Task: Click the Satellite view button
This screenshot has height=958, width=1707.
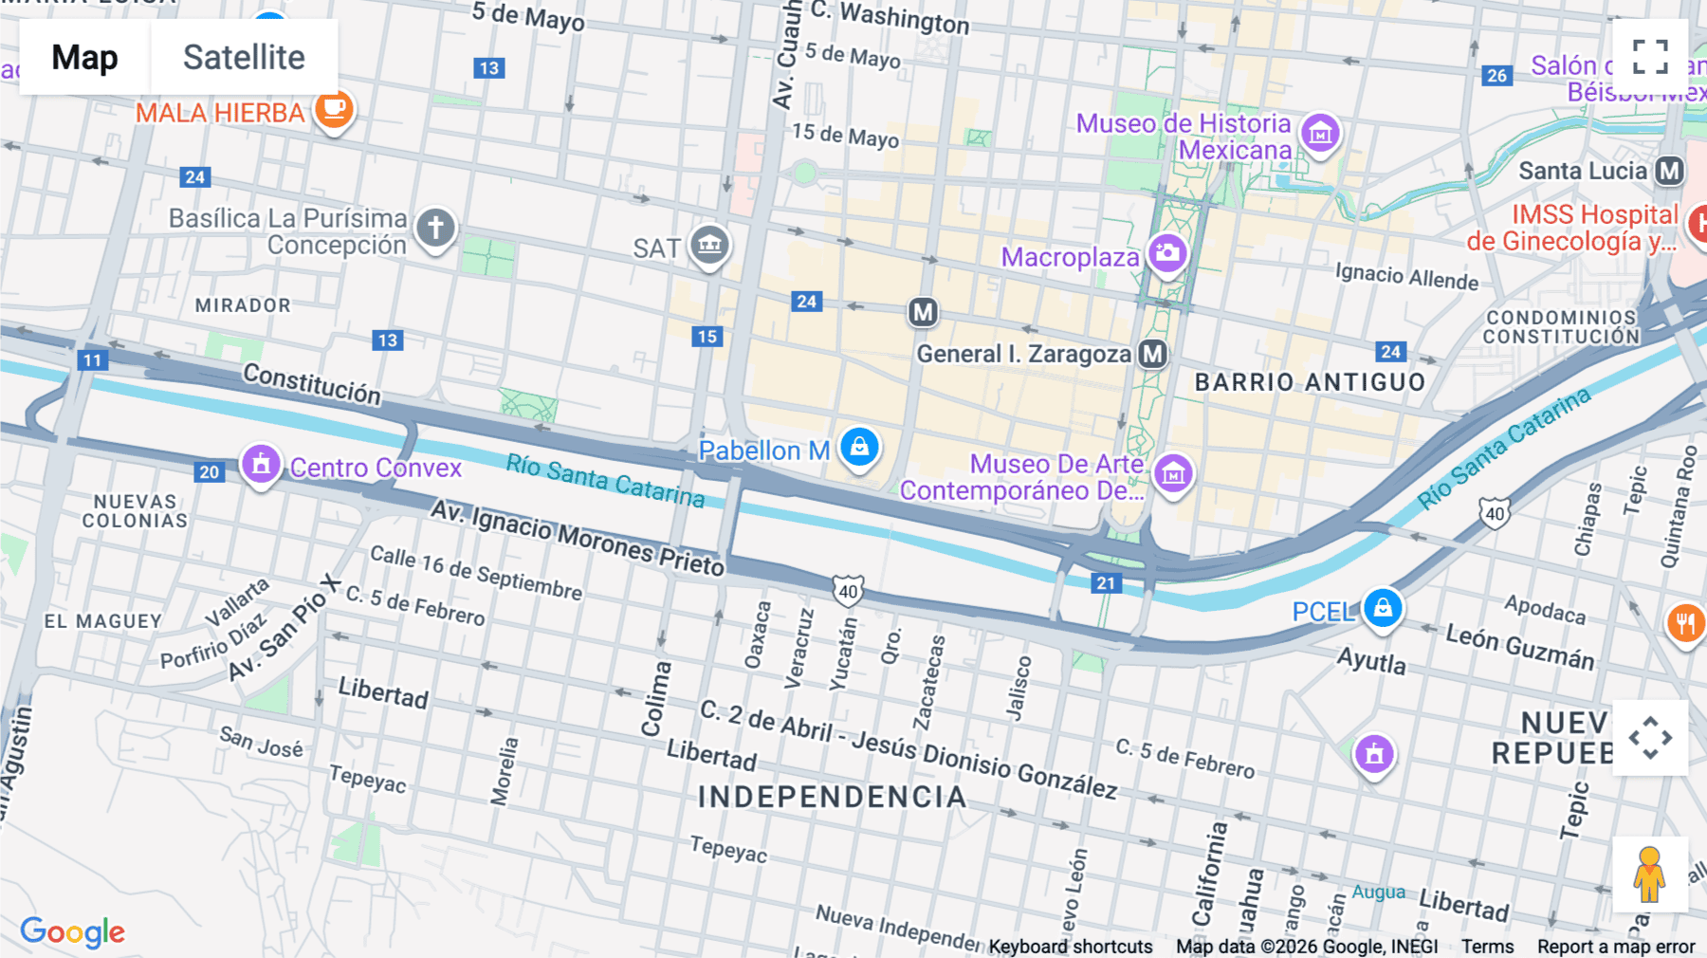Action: pos(244,57)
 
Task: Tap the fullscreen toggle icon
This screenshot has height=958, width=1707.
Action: pos(1650,57)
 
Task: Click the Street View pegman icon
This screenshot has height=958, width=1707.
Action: pos(1649,874)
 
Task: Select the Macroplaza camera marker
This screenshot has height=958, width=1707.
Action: pos(1167,253)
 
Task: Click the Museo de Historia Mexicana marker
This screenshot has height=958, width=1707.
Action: pos(1320,134)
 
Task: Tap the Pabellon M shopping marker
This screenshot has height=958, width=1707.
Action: pos(859,447)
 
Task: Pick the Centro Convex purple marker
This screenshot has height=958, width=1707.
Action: pos(261,465)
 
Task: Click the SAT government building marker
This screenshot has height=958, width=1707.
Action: pos(709,246)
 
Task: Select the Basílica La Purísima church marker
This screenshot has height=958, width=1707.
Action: pos(435,229)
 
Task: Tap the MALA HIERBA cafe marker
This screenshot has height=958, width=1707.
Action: pos(334,109)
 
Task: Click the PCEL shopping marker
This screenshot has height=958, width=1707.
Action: pos(1383,608)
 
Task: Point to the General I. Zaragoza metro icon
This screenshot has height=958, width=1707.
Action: pos(1152,354)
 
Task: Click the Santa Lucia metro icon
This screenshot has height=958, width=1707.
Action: pos(1669,171)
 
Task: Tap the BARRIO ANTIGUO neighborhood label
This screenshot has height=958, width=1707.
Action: pos(1310,382)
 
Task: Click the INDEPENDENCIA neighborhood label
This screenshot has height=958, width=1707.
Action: pos(833,797)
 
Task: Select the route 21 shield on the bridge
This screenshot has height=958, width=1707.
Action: pos(1106,583)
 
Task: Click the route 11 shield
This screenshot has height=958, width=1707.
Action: pos(92,360)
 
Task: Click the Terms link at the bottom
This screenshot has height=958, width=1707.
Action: pos(1487,946)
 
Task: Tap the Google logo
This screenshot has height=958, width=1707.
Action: pos(72,931)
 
